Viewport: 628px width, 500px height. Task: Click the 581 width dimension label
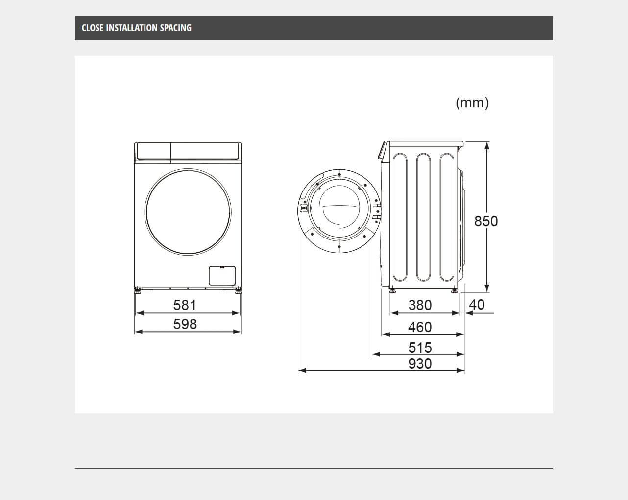pyautogui.click(x=185, y=305)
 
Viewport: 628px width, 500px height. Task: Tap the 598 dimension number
pyautogui.click(x=185, y=324)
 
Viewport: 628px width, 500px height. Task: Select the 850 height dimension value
pyautogui.click(x=486, y=221)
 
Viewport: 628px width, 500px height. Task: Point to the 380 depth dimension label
pyautogui.click(x=420, y=305)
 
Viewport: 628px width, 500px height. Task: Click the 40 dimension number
pyautogui.click(x=477, y=305)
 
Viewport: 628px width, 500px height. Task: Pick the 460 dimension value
pyautogui.click(x=420, y=327)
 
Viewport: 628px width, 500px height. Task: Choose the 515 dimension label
pyautogui.click(x=420, y=347)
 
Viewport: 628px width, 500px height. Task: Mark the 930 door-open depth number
pyautogui.click(x=420, y=364)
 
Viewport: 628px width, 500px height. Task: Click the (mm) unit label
pyautogui.click(x=472, y=103)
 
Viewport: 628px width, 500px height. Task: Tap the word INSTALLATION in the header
pyautogui.click(x=132, y=28)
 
